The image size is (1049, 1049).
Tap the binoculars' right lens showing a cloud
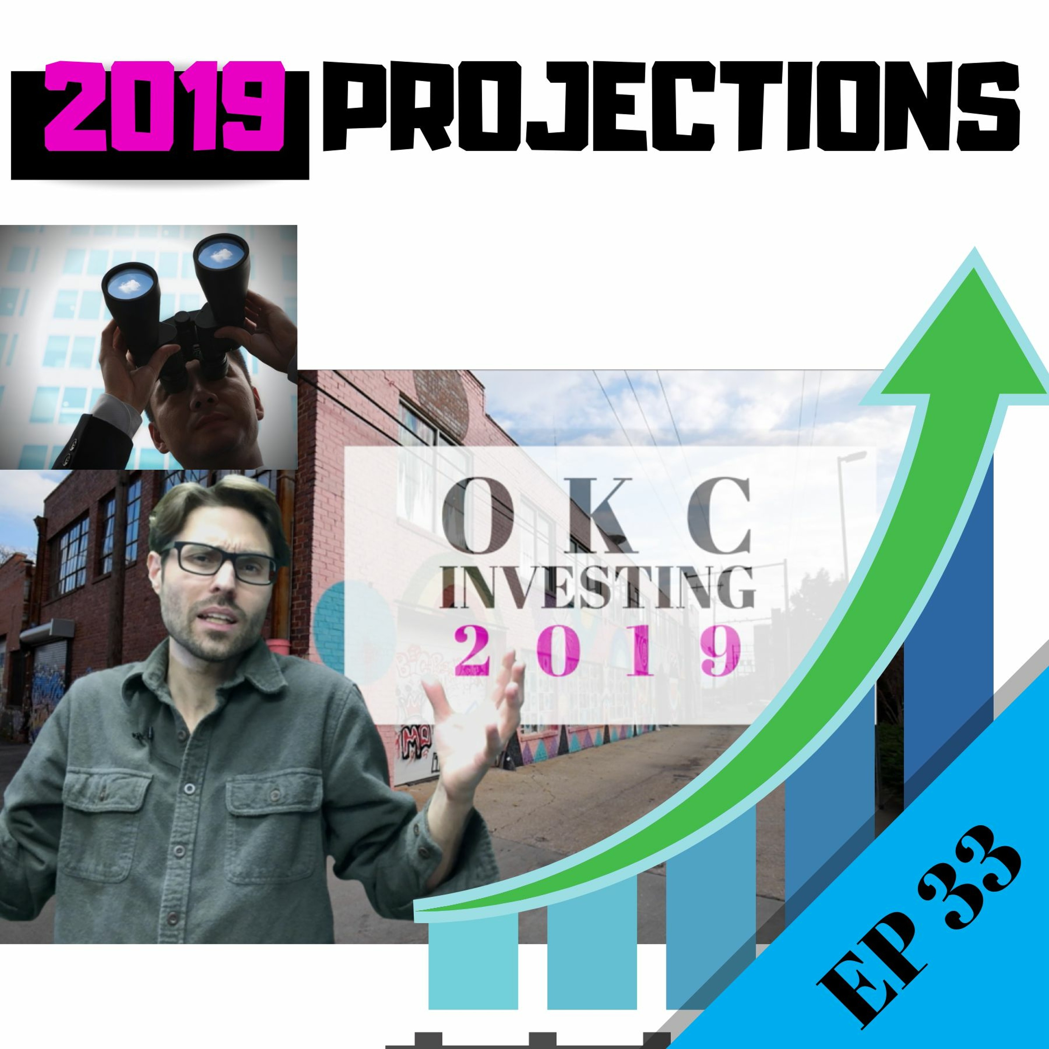220,254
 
